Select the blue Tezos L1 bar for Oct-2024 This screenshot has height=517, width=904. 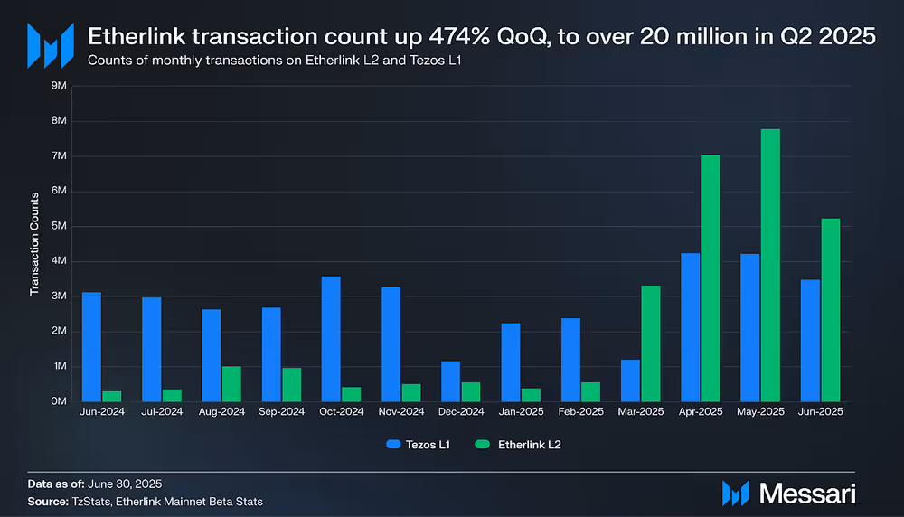(x=331, y=339)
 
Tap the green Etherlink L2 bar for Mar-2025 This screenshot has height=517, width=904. (x=651, y=343)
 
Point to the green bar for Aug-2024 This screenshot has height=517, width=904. (x=231, y=384)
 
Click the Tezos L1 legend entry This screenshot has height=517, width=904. (x=417, y=444)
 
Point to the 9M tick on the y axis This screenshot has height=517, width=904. (x=70, y=86)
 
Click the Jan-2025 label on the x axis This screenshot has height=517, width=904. (x=521, y=411)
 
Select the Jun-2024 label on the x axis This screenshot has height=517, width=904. (x=102, y=411)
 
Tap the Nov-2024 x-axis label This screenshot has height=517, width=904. (x=401, y=411)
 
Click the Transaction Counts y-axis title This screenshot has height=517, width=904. (x=34, y=244)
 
